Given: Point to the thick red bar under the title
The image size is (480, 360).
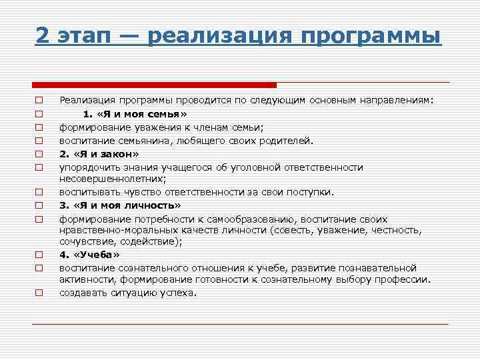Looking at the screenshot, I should tap(154, 85).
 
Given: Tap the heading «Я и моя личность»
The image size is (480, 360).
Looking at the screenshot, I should tap(119, 205).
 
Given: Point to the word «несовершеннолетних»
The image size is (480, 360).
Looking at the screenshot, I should tap(111, 179).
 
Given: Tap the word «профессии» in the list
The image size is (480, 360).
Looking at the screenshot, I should tap(406, 279).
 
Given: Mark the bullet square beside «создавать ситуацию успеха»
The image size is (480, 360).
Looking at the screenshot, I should tap(39, 293).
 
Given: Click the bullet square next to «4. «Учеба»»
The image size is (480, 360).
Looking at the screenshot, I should tap(39, 255).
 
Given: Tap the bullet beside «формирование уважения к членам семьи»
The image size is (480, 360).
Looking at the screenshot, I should tap(39, 127).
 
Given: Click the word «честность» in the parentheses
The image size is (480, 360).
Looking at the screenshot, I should tap(397, 230).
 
